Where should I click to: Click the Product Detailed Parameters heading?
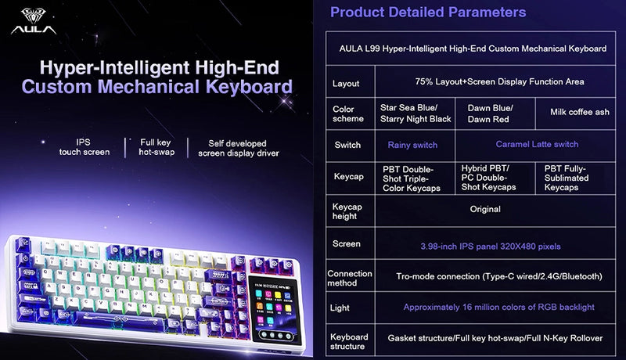click(x=427, y=13)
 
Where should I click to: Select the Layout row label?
click(x=345, y=83)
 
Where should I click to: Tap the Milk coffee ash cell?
click(x=579, y=112)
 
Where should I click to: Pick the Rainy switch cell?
click(x=412, y=145)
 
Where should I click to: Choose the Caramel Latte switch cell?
click(x=537, y=145)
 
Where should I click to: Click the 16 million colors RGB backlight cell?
click(x=498, y=308)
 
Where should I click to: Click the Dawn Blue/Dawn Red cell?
click(x=490, y=113)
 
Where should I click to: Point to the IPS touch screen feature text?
click(x=84, y=147)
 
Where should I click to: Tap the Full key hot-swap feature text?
click(x=155, y=147)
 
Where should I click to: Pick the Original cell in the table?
click(x=485, y=210)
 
